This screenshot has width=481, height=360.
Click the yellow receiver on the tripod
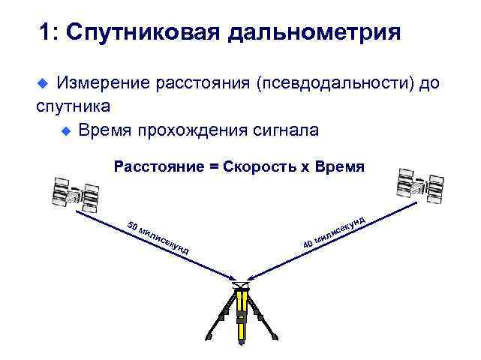click(x=240, y=307)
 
